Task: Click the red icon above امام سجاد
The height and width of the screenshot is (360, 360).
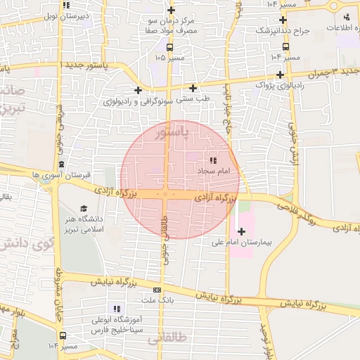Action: (x=213, y=161)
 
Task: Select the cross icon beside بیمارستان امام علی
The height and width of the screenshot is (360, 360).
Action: (x=242, y=231)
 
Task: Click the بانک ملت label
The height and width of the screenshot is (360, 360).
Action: (x=157, y=300)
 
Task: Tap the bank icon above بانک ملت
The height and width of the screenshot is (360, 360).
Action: (x=157, y=290)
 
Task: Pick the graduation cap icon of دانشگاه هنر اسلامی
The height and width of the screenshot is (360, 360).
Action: (x=84, y=209)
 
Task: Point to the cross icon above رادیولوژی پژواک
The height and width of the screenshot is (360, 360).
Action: (x=281, y=75)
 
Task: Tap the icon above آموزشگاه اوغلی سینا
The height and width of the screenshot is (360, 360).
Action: (x=117, y=309)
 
